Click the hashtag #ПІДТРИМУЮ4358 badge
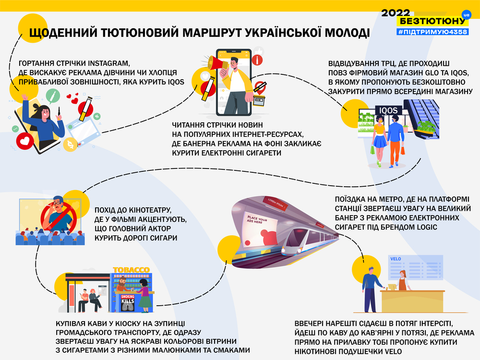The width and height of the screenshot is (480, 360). tap(433, 32)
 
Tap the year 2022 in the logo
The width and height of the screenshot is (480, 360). tap(396, 13)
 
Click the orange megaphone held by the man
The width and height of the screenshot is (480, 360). tap(217, 63)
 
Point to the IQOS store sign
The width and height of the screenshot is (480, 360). tap(388, 110)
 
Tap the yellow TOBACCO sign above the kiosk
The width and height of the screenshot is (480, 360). tap(132, 270)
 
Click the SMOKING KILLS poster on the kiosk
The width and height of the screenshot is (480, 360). tap(128, 303)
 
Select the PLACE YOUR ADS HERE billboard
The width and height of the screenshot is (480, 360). tap(261, 227)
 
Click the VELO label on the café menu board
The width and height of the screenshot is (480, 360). tap(396, 259)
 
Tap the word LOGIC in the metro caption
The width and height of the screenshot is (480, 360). tap(427, 227)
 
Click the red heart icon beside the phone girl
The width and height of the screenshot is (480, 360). tap(25, 141)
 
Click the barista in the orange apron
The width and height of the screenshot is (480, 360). tap(403, 280)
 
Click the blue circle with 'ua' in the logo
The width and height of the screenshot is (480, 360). tap(466, 15)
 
